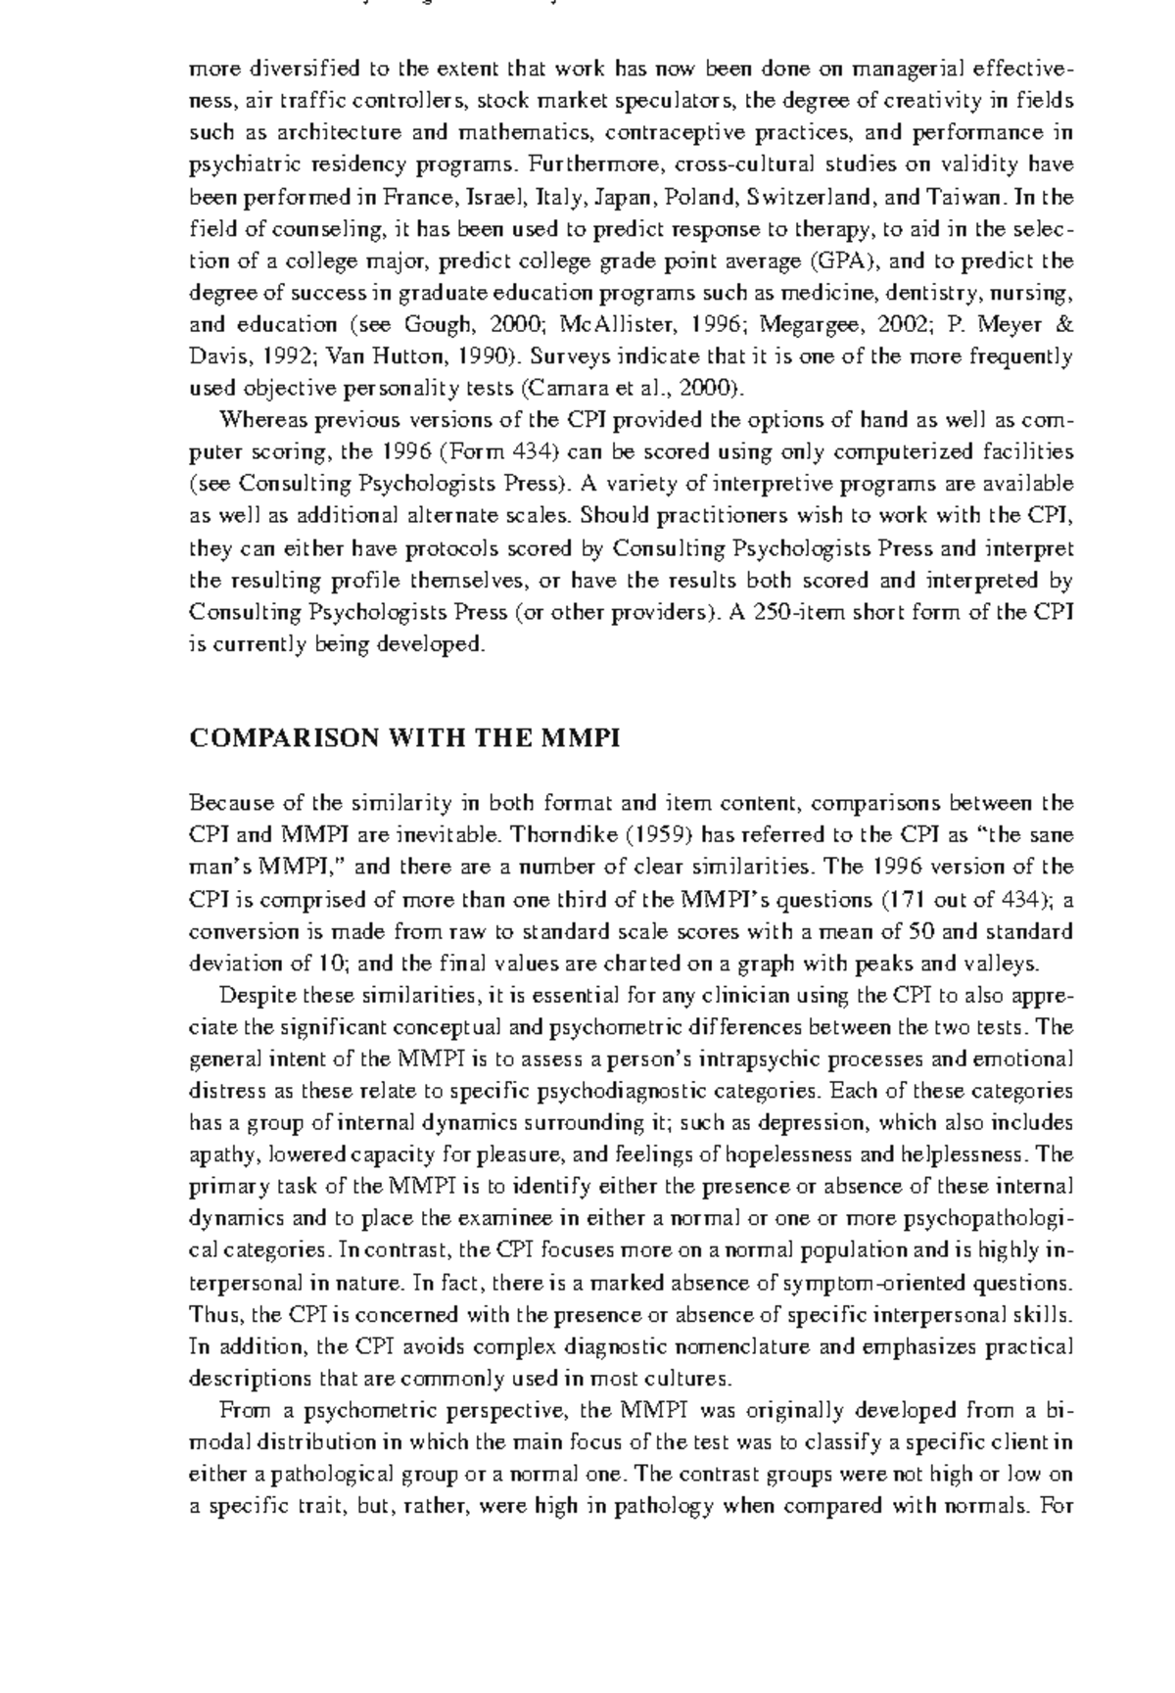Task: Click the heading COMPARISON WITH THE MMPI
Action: [x=404, y=738]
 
